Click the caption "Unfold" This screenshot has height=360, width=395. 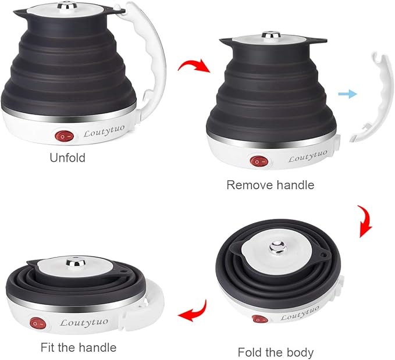[67, 158]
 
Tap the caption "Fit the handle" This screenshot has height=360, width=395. [79, 348]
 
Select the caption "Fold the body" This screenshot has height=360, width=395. [276, 352]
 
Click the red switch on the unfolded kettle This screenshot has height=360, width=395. [63, 137]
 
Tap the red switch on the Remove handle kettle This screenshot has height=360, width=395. [257, 162]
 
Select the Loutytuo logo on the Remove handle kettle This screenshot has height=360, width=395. [308, 155]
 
